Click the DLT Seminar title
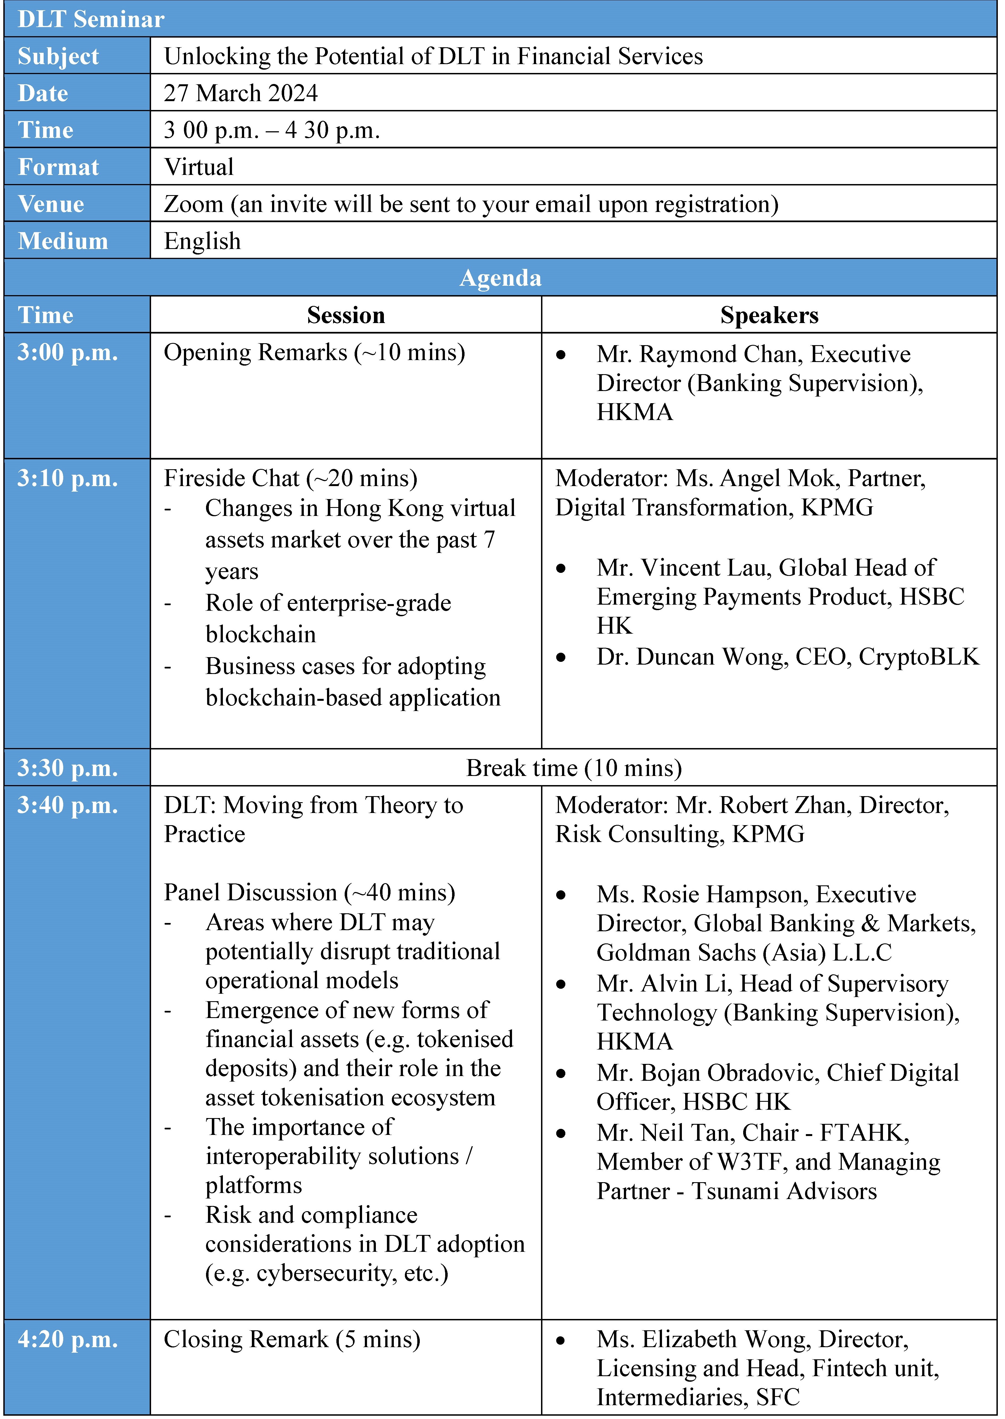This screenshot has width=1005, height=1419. [x=91, y=19]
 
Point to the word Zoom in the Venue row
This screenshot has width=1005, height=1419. [x=193, y=204]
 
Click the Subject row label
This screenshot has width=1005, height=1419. [x=58, y=56]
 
